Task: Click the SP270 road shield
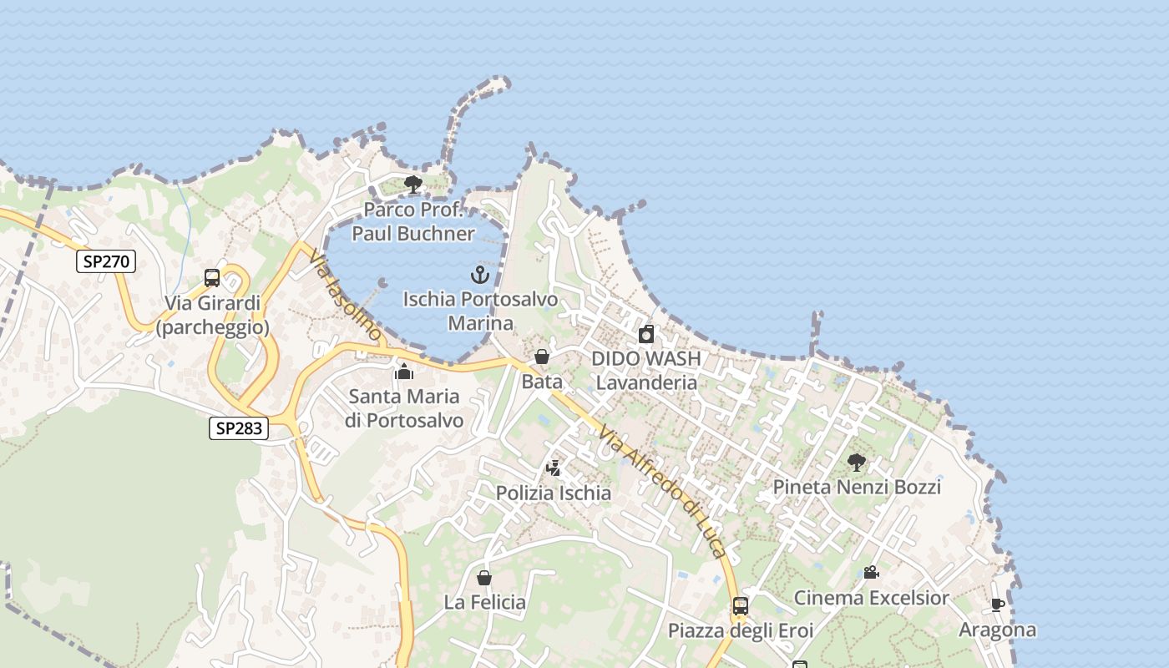pos(106,261)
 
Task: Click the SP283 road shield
pos(239,428)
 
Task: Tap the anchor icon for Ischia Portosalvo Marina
pos(479,274)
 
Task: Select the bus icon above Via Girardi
pos(212,278)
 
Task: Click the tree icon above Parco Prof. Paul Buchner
pos(412,185)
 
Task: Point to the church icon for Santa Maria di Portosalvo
pos(404,371)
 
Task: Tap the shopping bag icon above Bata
pos(542,357)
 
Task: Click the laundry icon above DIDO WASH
pos(646,335)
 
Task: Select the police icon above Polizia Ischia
pos(553,468)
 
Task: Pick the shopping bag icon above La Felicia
pos(484,577)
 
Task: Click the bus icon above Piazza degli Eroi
pos(741,605)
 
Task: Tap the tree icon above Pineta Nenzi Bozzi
pos(856,462)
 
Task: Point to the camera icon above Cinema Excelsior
pos(871,573)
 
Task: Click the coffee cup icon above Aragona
pos(997,605)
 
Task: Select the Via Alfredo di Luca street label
pos(663,493)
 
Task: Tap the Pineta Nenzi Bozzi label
pos(857,487)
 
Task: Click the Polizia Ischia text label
pos(554,493)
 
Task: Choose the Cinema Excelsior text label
pos(871,598)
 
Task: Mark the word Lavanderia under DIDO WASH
pos(646,382)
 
